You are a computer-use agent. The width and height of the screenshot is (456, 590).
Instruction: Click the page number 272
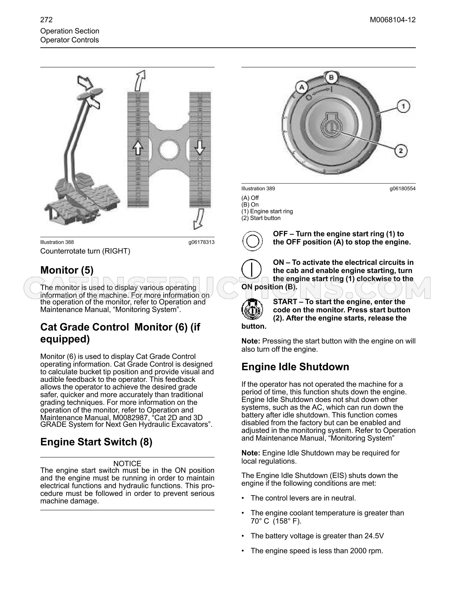click(x=46, y=20)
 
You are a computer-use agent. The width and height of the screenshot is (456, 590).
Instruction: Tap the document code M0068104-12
click(x=393, y=20)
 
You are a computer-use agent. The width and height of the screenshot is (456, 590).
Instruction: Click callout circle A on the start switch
click(x=302, y=88)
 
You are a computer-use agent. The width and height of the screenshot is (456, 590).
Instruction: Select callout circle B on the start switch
click(x=331, y=77)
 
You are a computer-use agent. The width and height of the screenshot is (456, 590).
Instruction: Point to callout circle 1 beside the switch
click(x=403, y=106)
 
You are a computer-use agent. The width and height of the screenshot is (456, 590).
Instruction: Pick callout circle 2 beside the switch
click(x=401, y=151)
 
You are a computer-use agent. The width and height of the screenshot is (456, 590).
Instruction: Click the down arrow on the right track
click(x=199, y=147)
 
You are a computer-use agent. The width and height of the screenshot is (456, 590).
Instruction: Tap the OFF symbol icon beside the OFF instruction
click(x=253, y=241)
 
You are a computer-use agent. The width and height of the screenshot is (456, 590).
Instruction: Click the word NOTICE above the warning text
click(x=127, y=463)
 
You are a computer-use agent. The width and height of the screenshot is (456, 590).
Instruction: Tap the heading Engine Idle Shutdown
click(x=295, y=367)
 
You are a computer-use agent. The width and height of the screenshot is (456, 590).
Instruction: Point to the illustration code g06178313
click(x=201, y=242)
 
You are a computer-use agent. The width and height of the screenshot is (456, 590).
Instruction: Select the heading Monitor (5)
click(x=67, y=270)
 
